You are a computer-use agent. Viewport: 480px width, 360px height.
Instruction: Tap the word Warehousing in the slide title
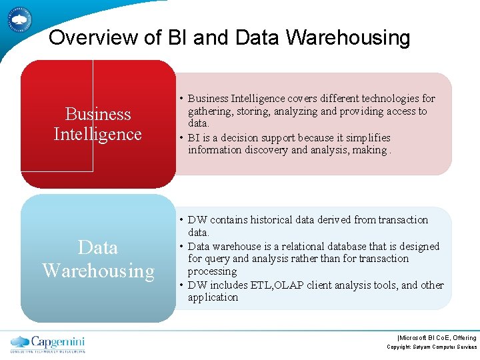tap(348, 38)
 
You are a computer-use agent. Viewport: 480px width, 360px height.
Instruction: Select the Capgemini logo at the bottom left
tap(48, 343)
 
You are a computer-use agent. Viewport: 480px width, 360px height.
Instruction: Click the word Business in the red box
tap(98, 114)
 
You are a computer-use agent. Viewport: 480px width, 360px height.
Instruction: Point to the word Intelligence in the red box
tap(98, 134)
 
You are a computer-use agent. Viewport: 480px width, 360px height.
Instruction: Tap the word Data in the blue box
tap(98, 247)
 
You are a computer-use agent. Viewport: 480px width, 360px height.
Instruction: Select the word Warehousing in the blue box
tap(98, 271)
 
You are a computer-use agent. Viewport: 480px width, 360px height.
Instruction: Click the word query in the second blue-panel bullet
tap(217, 259)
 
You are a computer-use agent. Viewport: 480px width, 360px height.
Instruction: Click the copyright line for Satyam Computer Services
tap(432, 347)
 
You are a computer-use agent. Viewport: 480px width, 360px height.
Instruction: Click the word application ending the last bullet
tap(213, 297)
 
